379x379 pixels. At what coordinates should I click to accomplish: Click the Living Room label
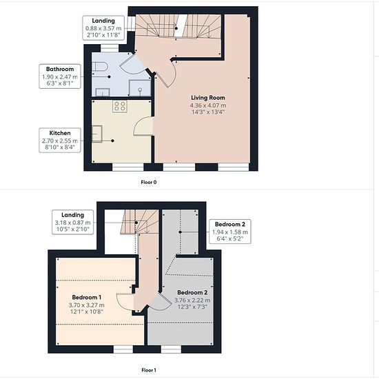(x=208, y=98)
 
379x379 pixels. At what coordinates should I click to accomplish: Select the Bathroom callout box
(x=60, y=76)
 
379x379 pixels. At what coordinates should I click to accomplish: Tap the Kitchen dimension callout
(x=60, y=141)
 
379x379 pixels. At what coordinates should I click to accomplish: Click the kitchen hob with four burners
(x=120, y=106)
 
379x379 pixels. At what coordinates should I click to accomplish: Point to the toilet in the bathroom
(x=100, y=66)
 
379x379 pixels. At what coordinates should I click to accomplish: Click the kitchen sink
(x=97, y=134)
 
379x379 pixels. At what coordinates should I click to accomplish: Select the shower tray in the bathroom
(x=140, y=88)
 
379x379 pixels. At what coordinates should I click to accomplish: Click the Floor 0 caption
(x=149, y=182)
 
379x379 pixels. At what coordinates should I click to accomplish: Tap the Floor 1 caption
(x=149, y=370)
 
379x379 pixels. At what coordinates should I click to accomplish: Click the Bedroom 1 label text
(x=87, y=297)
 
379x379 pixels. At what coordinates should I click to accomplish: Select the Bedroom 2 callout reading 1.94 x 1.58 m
(x=230, y=232)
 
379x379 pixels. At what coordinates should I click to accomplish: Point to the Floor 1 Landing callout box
(x=73, y=222)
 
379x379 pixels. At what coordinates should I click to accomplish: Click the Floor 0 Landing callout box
(x=103, y=28)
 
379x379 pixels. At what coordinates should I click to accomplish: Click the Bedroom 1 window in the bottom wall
(x=123, y=349)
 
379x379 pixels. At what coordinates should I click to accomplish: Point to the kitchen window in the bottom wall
(x=128, y=167)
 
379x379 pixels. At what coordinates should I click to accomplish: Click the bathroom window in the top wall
(x=110, y=48)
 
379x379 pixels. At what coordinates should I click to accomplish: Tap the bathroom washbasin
(x=103, y=92)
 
